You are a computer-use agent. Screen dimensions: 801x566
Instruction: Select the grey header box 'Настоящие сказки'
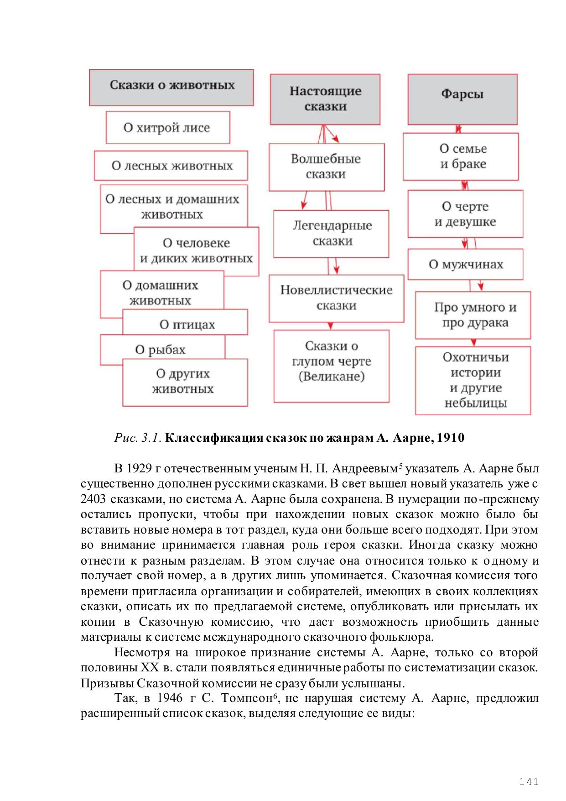pos(325,99)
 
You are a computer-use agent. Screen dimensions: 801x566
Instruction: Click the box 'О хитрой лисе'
pos(167,128)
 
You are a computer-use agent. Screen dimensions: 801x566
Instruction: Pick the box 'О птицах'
pos(187,325)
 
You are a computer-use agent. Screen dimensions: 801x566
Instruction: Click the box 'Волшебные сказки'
pos(326,167)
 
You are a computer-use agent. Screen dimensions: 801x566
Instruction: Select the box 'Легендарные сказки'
pos(332,233)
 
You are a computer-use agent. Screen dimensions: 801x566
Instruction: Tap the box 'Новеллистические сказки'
pos(336,298)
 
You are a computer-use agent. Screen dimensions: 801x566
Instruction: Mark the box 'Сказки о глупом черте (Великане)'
pos(332,361)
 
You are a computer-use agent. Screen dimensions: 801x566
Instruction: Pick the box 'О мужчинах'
pos(465,265)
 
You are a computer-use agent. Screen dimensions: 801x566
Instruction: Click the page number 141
pos(529,782)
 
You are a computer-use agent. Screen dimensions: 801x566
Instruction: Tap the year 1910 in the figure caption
pos(451,438)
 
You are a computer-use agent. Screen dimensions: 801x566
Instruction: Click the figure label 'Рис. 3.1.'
pos(137,438)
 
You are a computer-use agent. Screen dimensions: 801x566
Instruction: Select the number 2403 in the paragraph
pos(93,499)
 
